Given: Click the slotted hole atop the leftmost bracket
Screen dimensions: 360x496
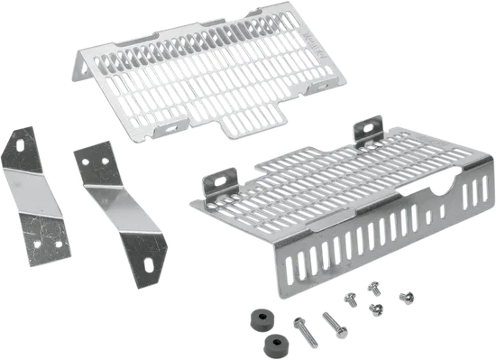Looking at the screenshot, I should pos(19,143).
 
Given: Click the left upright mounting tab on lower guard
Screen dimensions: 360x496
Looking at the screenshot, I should pos(222,181).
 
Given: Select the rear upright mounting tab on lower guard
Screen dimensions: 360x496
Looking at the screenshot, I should pos(367,132).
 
